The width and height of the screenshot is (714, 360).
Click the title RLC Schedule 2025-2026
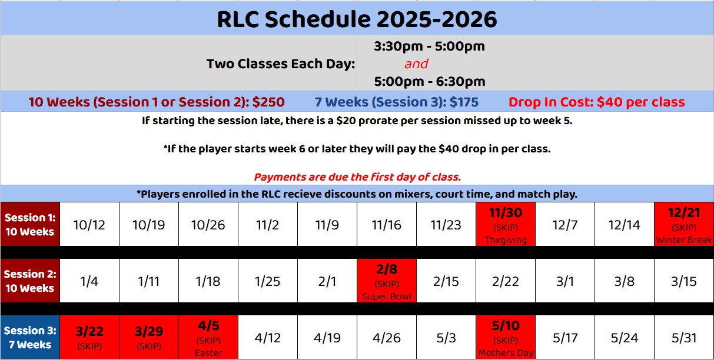[357, 19]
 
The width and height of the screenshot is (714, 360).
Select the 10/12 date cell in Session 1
[89, 224]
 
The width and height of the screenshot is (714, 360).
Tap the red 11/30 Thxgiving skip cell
[506, 224]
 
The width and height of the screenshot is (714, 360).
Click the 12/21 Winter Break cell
[684, 224]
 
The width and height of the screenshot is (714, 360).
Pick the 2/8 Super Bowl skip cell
[387, 281]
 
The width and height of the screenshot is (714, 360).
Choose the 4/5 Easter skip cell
[208, 337]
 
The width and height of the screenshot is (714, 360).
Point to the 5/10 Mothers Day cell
[506, 337]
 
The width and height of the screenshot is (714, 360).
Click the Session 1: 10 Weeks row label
[30, 224]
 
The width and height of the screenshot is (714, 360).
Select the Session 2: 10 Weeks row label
[30, 281]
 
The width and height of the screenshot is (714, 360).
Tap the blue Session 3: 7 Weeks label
[30, 337]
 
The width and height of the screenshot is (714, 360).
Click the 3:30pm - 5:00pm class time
[429, 46]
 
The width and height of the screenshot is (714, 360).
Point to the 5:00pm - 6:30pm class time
[430, 82]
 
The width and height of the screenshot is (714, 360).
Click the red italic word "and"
[416, 64]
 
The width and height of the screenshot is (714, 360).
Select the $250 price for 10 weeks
[268, 102]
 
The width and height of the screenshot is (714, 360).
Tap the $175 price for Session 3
[464, 102]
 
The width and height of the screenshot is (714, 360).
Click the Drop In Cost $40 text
[596, 102]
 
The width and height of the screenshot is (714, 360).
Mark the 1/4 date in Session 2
[89, 281]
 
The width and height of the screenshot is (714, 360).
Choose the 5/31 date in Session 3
[684, 337]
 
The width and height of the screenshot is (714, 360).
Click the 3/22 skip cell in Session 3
[89, 337]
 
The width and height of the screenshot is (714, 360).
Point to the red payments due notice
[357, 177]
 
